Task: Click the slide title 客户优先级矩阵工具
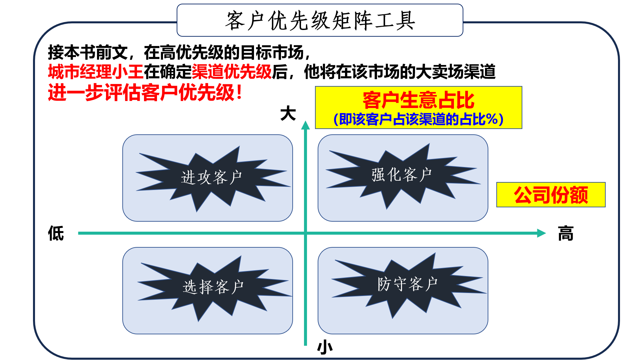tap(320, 21)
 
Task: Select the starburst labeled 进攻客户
tap(211, 177)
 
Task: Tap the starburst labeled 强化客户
tap(402, 175)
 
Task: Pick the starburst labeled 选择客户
tap(213, 287)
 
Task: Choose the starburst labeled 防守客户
tap(407, 284)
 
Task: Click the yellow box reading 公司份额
tap(551, 195)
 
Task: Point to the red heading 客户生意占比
tap(418, 100)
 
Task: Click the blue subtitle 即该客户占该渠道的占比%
tap(418, 119)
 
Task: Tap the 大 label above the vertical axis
tap(288, 114)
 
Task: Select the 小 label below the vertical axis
tap(325, 348)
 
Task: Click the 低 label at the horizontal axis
tap(56, 233)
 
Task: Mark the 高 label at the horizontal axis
tap(566, 233)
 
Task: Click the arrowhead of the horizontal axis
tap(541, 233)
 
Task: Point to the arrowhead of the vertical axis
tap(305, 125)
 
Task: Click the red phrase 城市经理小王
tap(96, 72)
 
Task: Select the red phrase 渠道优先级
tap(232, 72)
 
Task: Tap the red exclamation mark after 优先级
tap(239, 93)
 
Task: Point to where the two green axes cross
tap(305, 233)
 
